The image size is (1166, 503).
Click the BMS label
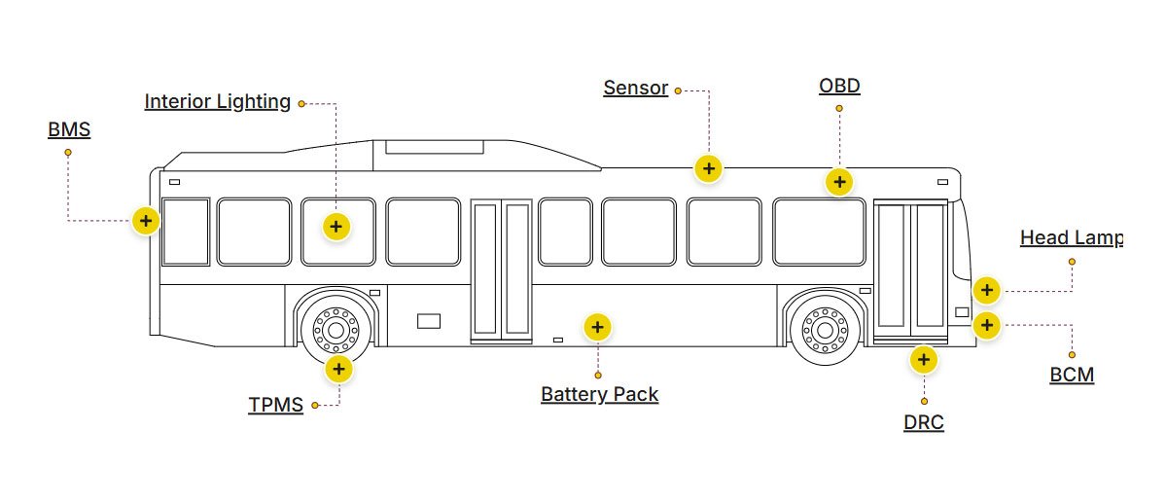pyautogui.click(x=69, y=129)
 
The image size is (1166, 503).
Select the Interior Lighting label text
pyautogui.click(x=217, y=101)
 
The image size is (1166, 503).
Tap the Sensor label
pyautogui.click(x=635, y=88)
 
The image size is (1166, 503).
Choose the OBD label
pyautogui.click(x=839, y=86)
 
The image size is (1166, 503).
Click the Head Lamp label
pyautogui.click(x=1071, y=237)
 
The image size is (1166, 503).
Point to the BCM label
pyautogui.click(x=1072, y=375)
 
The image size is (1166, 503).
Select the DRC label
pyautogui.click(x=923, y=422)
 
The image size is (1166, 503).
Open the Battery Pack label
pyautogui.click(x=599, y=394)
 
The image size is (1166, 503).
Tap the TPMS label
pyautogui.click(x=275, y=405)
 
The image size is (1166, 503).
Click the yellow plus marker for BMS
pyautogui.click(x=145, y=221)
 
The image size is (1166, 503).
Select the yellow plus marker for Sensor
pyautogui.click(x=709, y=168)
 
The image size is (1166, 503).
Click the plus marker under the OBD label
pyautogui.click(x=838, y=182)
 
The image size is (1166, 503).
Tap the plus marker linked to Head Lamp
pyautogui.click(x=986, y=290)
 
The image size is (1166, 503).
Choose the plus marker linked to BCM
pyautogui.click(x=986, y=325)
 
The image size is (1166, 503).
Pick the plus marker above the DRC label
pyautogui.click(x=923, y=360)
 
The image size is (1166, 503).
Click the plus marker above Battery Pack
pyautogui.click(x=598, y=327)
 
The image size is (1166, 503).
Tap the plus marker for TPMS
pyautogui.click(x=337, y=368)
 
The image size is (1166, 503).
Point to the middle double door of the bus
pyautogui.click(x=501, y=270)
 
